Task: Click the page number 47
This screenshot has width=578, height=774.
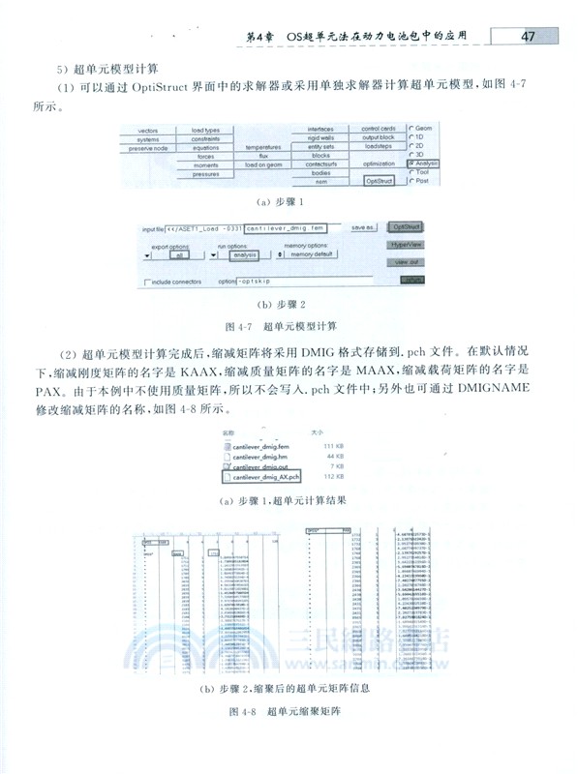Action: (x=529, y=37)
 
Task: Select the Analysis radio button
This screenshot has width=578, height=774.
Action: (x=414, y=164)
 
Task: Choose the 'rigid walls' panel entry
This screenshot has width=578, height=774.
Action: (x=321, y=138)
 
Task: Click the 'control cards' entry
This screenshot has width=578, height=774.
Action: (x=378, y=129)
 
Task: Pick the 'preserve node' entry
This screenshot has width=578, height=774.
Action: (x=148, y=148)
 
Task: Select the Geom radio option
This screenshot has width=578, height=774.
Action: (x=413, y=129)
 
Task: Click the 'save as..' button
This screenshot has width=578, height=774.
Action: (x=363, y=227)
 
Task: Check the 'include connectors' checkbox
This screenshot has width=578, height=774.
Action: (x=148, y=282)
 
